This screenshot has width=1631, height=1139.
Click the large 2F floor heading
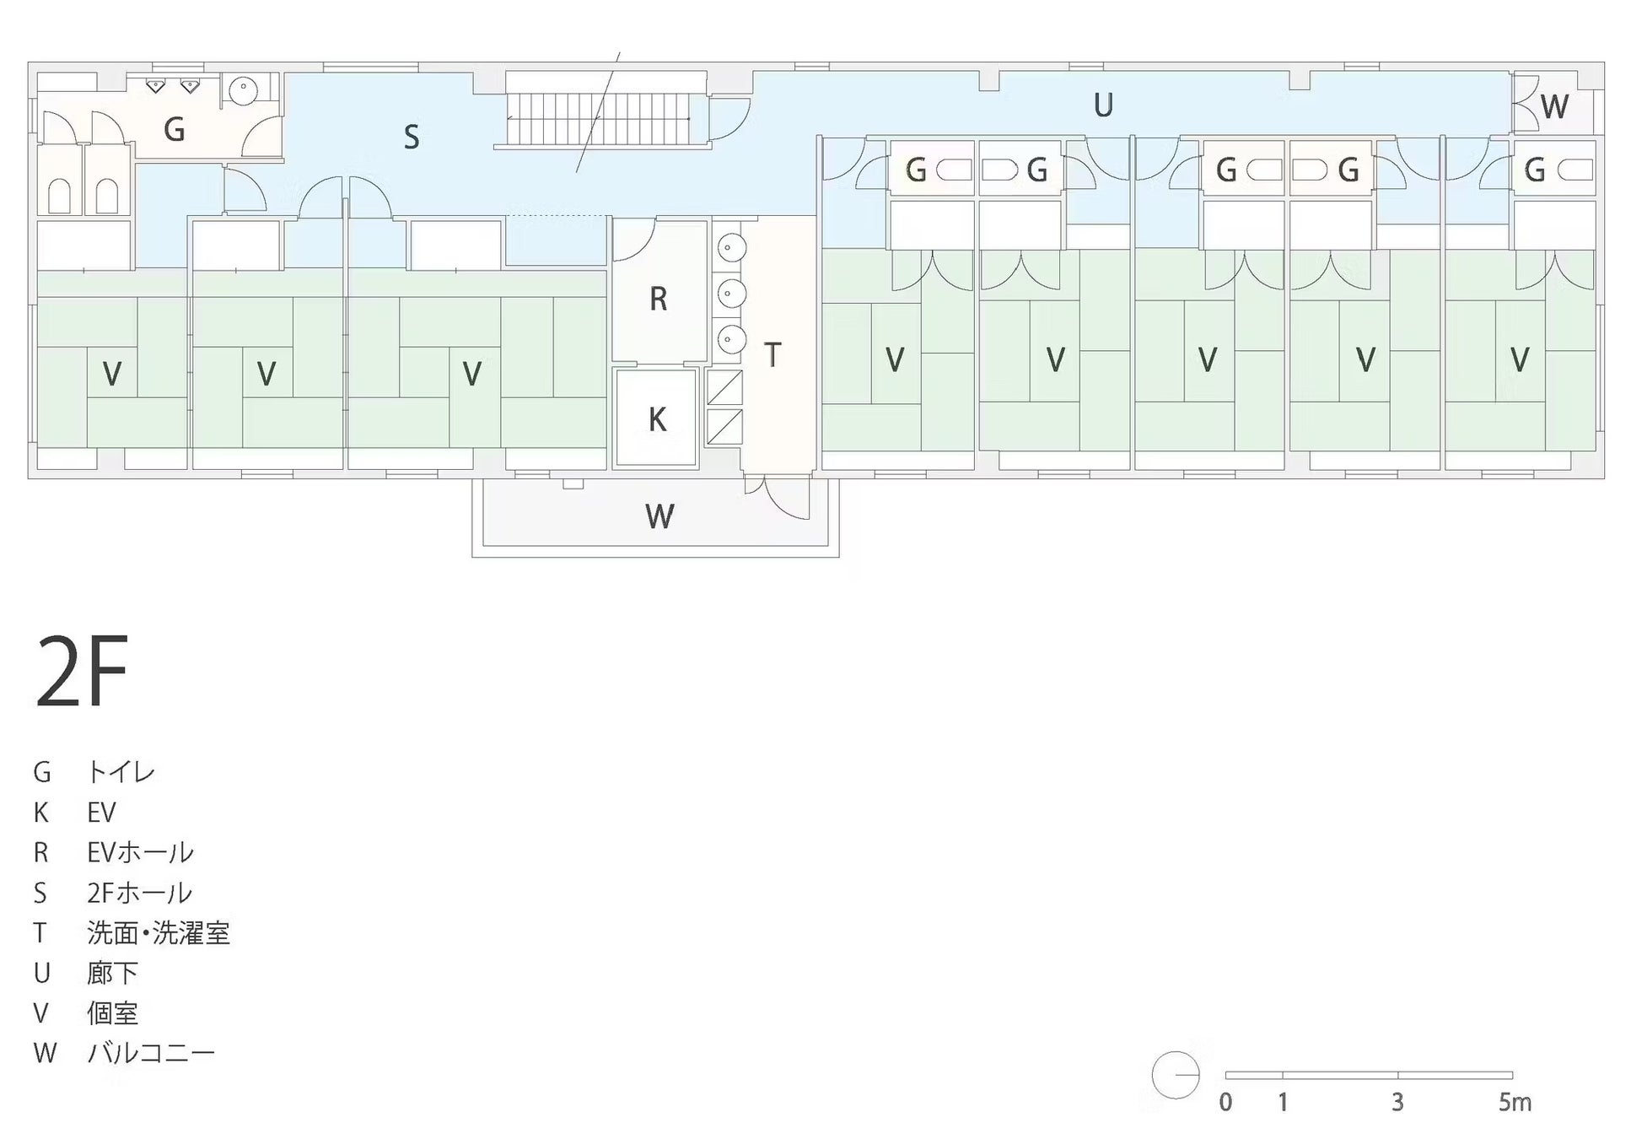tap(81, 672)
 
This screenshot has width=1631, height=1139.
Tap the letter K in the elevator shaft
tap(657, 419)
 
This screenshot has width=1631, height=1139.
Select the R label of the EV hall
tap(658, 299)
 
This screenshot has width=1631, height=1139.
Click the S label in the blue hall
tap(411, 137)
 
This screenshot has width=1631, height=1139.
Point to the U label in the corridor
tap(1103, 105)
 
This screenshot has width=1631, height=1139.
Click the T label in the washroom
tap(772, 355)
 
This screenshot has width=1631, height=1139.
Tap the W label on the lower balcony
tap(659, 516)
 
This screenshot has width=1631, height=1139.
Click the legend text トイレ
tap(121, 772)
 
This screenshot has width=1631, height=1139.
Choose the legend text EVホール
tap(140, 852)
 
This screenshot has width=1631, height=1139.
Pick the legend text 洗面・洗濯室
tap(158, 932)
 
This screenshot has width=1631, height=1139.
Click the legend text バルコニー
tap(151, 1053)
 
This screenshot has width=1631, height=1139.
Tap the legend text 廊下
tap(112, 973)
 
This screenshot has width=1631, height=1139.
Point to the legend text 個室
tap(112, 1012)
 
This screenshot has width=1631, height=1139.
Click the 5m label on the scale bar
tap(1514, 1102)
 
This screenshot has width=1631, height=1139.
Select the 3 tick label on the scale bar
tap(1397, 1102)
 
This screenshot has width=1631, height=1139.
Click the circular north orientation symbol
tap(1175, 1075)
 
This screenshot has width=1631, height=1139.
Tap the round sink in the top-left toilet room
tap(244, 89)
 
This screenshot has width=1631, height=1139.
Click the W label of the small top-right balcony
tap(1553, 107)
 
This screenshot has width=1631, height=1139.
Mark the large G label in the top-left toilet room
tap(174, 130)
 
